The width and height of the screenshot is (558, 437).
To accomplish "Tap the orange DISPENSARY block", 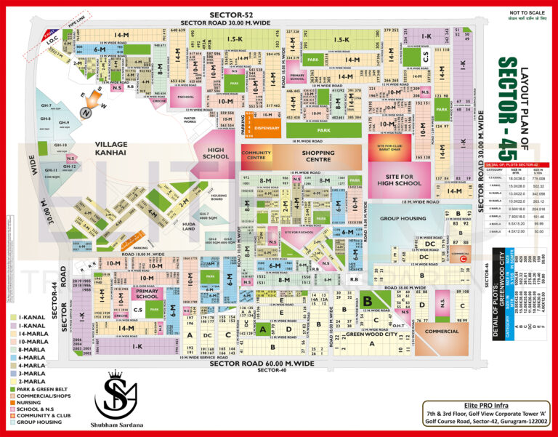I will point(267,129).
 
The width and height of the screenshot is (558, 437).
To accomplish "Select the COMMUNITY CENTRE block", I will point(256,156).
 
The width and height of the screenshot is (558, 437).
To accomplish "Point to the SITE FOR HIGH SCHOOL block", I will point(405,180).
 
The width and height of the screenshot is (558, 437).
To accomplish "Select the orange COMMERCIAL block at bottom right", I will point(442,331).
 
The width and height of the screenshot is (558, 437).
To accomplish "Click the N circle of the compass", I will point(86,113).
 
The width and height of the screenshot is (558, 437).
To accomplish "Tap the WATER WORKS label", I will point(190,119).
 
